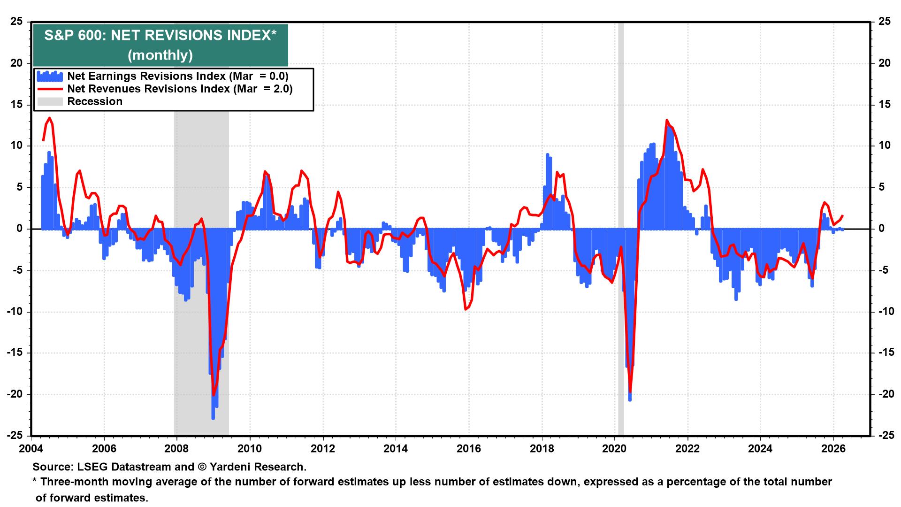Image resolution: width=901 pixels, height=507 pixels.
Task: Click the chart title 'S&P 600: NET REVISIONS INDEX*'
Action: coord(160,36)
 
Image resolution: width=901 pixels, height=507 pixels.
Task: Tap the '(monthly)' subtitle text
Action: coord(160,55)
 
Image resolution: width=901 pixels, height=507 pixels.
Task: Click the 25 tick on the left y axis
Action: coord(16,22)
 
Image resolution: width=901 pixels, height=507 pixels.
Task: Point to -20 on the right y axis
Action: coord(884,394)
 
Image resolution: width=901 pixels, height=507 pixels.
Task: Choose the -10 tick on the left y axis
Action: coord(15,311)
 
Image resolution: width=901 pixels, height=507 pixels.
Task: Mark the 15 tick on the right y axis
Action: coord(884,104)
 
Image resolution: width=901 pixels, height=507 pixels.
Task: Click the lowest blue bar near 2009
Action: coord(213,418)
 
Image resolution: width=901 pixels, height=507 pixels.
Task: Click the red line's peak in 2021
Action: coord(667,121)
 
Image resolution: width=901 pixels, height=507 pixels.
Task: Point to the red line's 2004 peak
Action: coord(49,118)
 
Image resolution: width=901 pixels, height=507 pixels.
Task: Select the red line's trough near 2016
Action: coord(466,309)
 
